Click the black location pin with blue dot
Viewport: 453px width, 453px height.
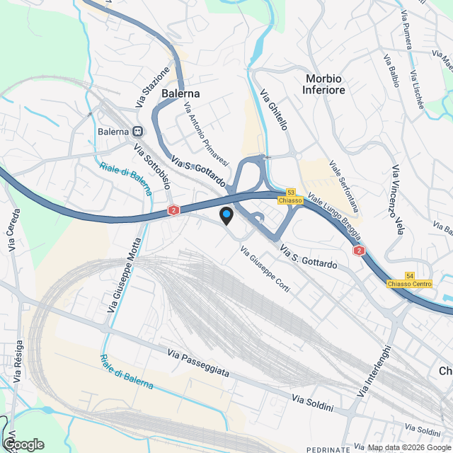pyautogui.click(x=226, y=216)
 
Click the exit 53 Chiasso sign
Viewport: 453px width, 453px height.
pyautogui.click(x=291, y=196)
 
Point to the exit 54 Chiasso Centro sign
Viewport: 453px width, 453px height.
pyautogui.click(x=409, y=280)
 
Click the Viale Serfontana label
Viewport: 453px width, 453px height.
pyautogui.click(x=344, y=185)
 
